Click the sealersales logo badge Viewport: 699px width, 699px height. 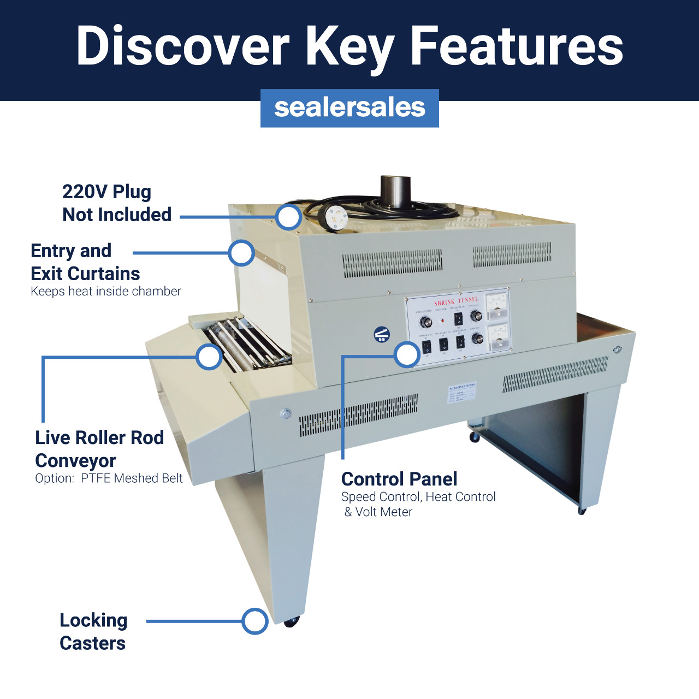[349, 108]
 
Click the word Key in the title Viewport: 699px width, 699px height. [349, 48]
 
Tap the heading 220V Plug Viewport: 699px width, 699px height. [106, 192]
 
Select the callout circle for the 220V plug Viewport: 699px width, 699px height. [288, 217]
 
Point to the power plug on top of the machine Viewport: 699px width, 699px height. [334, 217]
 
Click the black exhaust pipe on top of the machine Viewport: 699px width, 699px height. [395, 191]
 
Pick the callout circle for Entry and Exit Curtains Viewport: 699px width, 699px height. [241, 253]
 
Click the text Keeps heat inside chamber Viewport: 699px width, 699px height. [106, 291]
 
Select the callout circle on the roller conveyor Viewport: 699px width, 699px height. [209, 357]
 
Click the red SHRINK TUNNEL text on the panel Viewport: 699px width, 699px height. [456, 301]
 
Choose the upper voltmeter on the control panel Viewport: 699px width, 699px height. [497, 306]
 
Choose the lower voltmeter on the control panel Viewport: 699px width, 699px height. [499, 336]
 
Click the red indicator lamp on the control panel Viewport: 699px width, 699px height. [442, 319]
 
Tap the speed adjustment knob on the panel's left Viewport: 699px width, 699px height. [426, 322]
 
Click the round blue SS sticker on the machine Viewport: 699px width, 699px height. [382, 335]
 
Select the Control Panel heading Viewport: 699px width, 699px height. [399, 479]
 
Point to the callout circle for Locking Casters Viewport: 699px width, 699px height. [254, 621]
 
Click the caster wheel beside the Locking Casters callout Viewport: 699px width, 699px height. [291, 621]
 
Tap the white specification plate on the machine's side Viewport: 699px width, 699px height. [462, 392]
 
